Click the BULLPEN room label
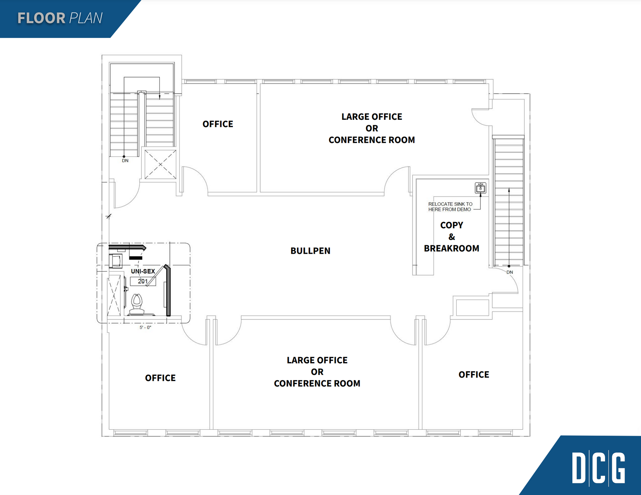tap(310, 251)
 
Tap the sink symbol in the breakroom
tap(480, 188)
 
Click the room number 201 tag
tap(143, 281)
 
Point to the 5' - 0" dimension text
tap(145, 327)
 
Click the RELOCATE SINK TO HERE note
tap(450, 207)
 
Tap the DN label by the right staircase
tap(510, 272)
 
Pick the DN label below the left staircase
tap(125, 161)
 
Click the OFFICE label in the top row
tap(218, 124)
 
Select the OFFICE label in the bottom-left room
tap(160, 378)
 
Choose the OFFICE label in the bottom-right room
tap(474, 375)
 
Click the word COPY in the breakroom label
tap(452, 225)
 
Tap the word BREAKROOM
tap(451, 248)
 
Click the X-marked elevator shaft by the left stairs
tap(160, 164)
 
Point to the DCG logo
tap(599, 468)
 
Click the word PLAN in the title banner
tap(86, 18)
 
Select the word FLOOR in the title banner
tap(42, 18)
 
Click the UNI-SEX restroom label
tap(143, 271)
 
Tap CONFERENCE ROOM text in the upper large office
tap(372, 140)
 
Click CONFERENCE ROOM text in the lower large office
tap(317, 383)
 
